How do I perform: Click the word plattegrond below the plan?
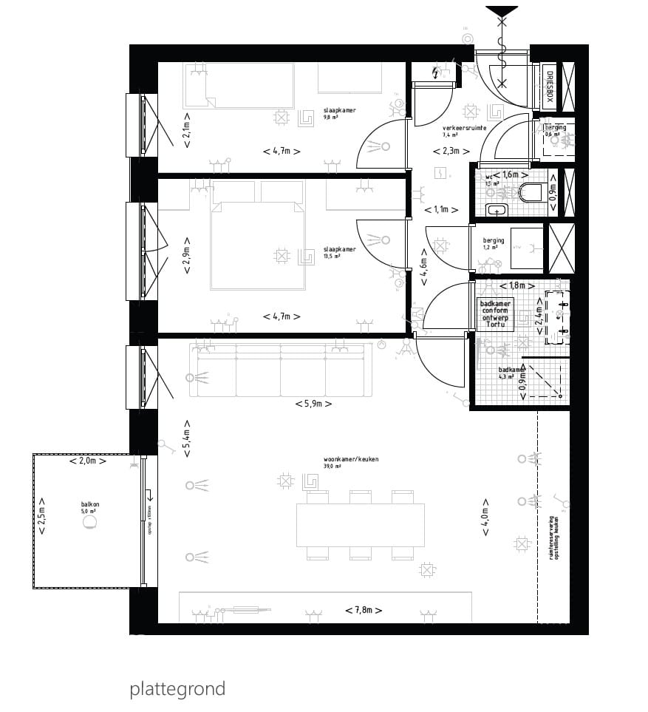[x=177, y=689]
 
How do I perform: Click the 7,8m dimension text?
[x=364, y=610]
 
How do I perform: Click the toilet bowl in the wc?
[x=531, y=193]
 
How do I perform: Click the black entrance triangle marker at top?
[x=502, y=13]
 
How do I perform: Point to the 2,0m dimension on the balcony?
[x=87, y=461]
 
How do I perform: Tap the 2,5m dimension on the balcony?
[x=42, y=521]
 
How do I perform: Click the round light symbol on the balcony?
[x=89, y=522]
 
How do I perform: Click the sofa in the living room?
[x=280, y=370]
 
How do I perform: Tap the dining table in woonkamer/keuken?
[x=361, y=524]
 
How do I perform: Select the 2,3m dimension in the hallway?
[x=451, y=151]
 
